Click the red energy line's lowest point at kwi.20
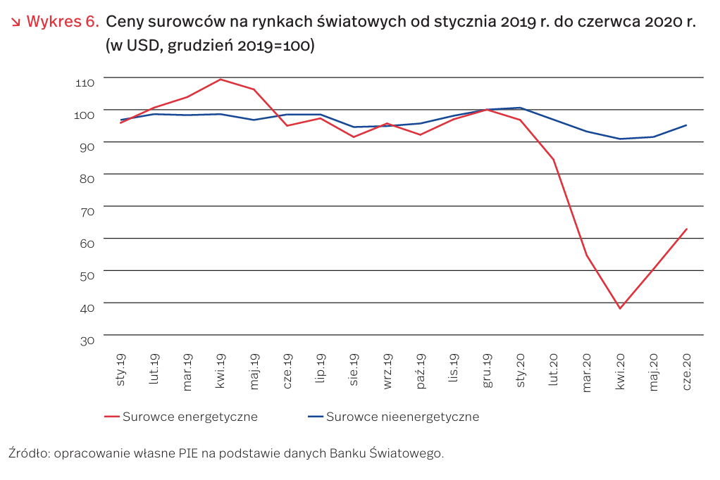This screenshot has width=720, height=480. pyautogui.click(x=620, y=308)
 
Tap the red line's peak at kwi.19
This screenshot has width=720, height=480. pyautogui.click(x=221, y=80)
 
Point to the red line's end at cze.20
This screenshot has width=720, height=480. pyautogui.click(x=686, y=229)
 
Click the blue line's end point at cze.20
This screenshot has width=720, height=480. pyautogui.click(x=686, y=125)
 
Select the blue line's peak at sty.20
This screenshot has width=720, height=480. pyautogui.click(x=520, y=108)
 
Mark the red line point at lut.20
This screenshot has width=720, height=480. pyautogui.click(x=553, y=159)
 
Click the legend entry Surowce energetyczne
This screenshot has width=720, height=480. pyautogui.click(x=181, y=417)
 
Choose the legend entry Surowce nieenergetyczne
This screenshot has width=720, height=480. pyautogui.click(x=394, y=417)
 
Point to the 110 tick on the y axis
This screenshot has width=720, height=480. pyautogui.click(x=85, y=82)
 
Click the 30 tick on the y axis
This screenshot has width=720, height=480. pyautogui.click(x=87, y=341)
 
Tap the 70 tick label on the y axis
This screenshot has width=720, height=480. pyautogui.click(x=87, y=212)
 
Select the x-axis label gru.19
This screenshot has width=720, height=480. pyautogui.click(x=488, y=370)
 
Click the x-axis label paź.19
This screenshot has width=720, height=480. pyautogui.click(x=421, y=371)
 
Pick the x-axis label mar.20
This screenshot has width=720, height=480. pyautogui.click(x=587, y=372)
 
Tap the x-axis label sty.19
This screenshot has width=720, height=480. pyautogui.click(x=120, y=370)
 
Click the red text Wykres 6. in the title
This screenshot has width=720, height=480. pyautogui.click(x=63, y=22)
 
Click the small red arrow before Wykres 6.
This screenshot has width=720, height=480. pyautogui.click(x=15, y=22)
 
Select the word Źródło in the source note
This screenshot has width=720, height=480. pyautogui.click(x=29, y=453)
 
